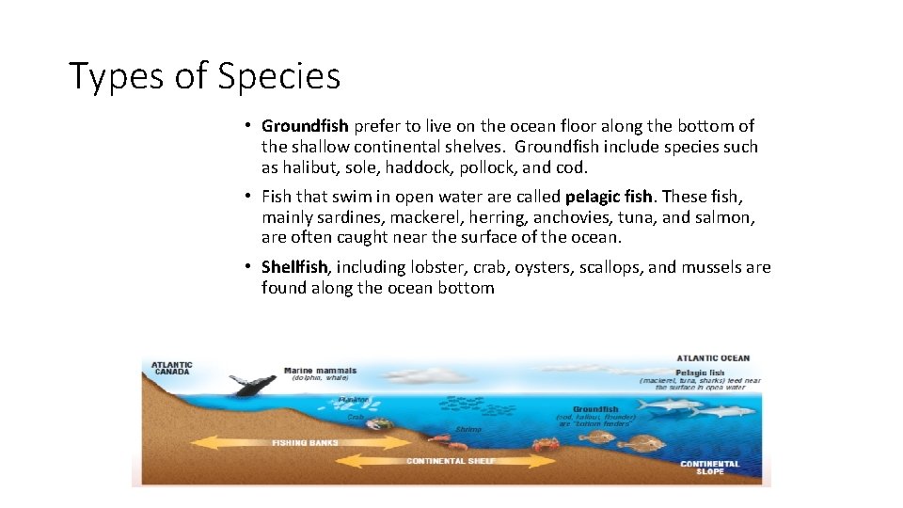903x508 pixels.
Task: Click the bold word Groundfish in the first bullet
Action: coord(305,126)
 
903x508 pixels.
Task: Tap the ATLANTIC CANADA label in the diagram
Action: coord(173,367)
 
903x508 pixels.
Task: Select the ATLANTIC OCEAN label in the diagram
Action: coord(713,358)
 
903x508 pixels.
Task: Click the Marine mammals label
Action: coord(320,370)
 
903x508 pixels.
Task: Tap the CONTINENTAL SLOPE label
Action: coord(709,467)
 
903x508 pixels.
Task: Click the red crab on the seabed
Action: coord(546,443)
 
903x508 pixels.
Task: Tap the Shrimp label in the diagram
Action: coord(467,429)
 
